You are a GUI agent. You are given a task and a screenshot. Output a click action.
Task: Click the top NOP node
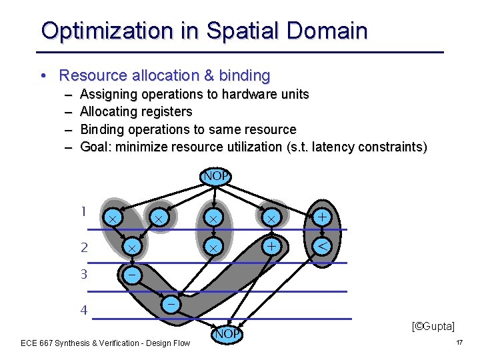[216, 177]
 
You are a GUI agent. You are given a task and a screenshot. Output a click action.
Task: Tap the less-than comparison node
[322, 246]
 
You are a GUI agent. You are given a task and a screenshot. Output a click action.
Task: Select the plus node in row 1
[322, 217]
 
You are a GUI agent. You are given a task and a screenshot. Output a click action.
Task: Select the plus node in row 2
[271, 245]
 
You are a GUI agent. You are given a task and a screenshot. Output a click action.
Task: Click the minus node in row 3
[132, 275]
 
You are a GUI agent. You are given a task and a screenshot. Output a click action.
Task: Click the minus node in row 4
[171, 304]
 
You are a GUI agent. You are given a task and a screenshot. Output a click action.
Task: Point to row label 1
[83, 212]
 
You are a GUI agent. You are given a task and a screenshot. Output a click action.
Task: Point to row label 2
[84, 247]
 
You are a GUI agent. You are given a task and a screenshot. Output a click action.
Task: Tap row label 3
[84, 274]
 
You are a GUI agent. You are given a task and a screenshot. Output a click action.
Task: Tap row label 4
[84, 309]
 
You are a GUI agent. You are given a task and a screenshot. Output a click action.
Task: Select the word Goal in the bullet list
[95, 147]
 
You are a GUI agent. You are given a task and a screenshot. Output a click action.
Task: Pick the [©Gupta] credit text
[433, 326]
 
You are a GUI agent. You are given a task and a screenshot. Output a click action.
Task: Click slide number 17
[459, 343]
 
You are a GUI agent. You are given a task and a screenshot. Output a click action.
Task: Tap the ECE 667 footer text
[105, 343]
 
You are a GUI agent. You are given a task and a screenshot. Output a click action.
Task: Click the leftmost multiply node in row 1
[113, 218]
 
